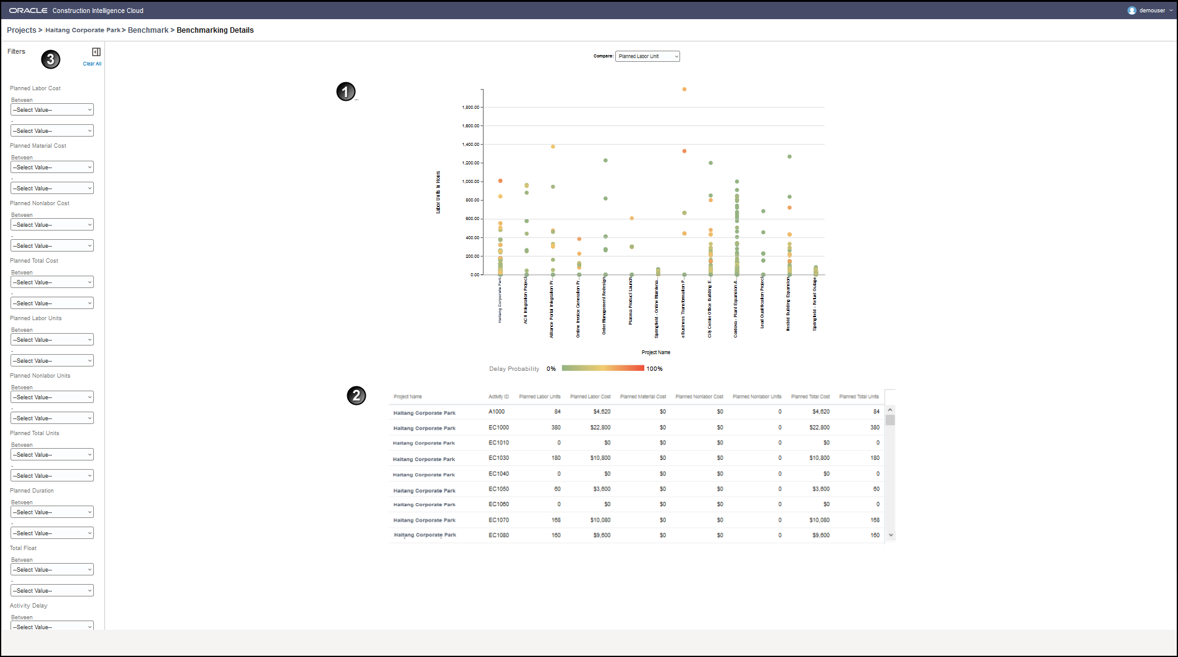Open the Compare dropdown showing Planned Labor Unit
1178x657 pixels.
click(647, 56)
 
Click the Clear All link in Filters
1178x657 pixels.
click(92, 64)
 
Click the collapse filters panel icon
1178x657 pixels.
click(96, 52)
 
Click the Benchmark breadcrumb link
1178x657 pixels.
click(148, 30)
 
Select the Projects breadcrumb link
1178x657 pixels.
click(22, 30)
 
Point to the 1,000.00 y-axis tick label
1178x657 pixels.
click(471, 182)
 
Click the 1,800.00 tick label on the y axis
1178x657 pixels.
click(471, 108)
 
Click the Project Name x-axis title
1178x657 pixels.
click(655, 352)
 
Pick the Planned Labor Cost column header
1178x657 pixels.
click(590, 397)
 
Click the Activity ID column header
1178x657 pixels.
click(499, 397)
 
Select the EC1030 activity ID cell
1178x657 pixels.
click(499, 458)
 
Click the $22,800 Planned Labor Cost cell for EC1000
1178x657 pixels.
click(600, 428)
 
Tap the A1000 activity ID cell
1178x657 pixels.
click(497, 412)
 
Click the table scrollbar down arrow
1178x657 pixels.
click(891, 535)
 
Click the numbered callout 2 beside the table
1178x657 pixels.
click(356, 396)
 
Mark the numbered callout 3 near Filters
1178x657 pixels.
click(51, 59)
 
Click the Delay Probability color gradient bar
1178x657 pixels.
click(603, 368)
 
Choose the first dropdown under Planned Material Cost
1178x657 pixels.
click(52, 167)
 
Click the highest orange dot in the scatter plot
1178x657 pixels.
click(684, 89)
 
